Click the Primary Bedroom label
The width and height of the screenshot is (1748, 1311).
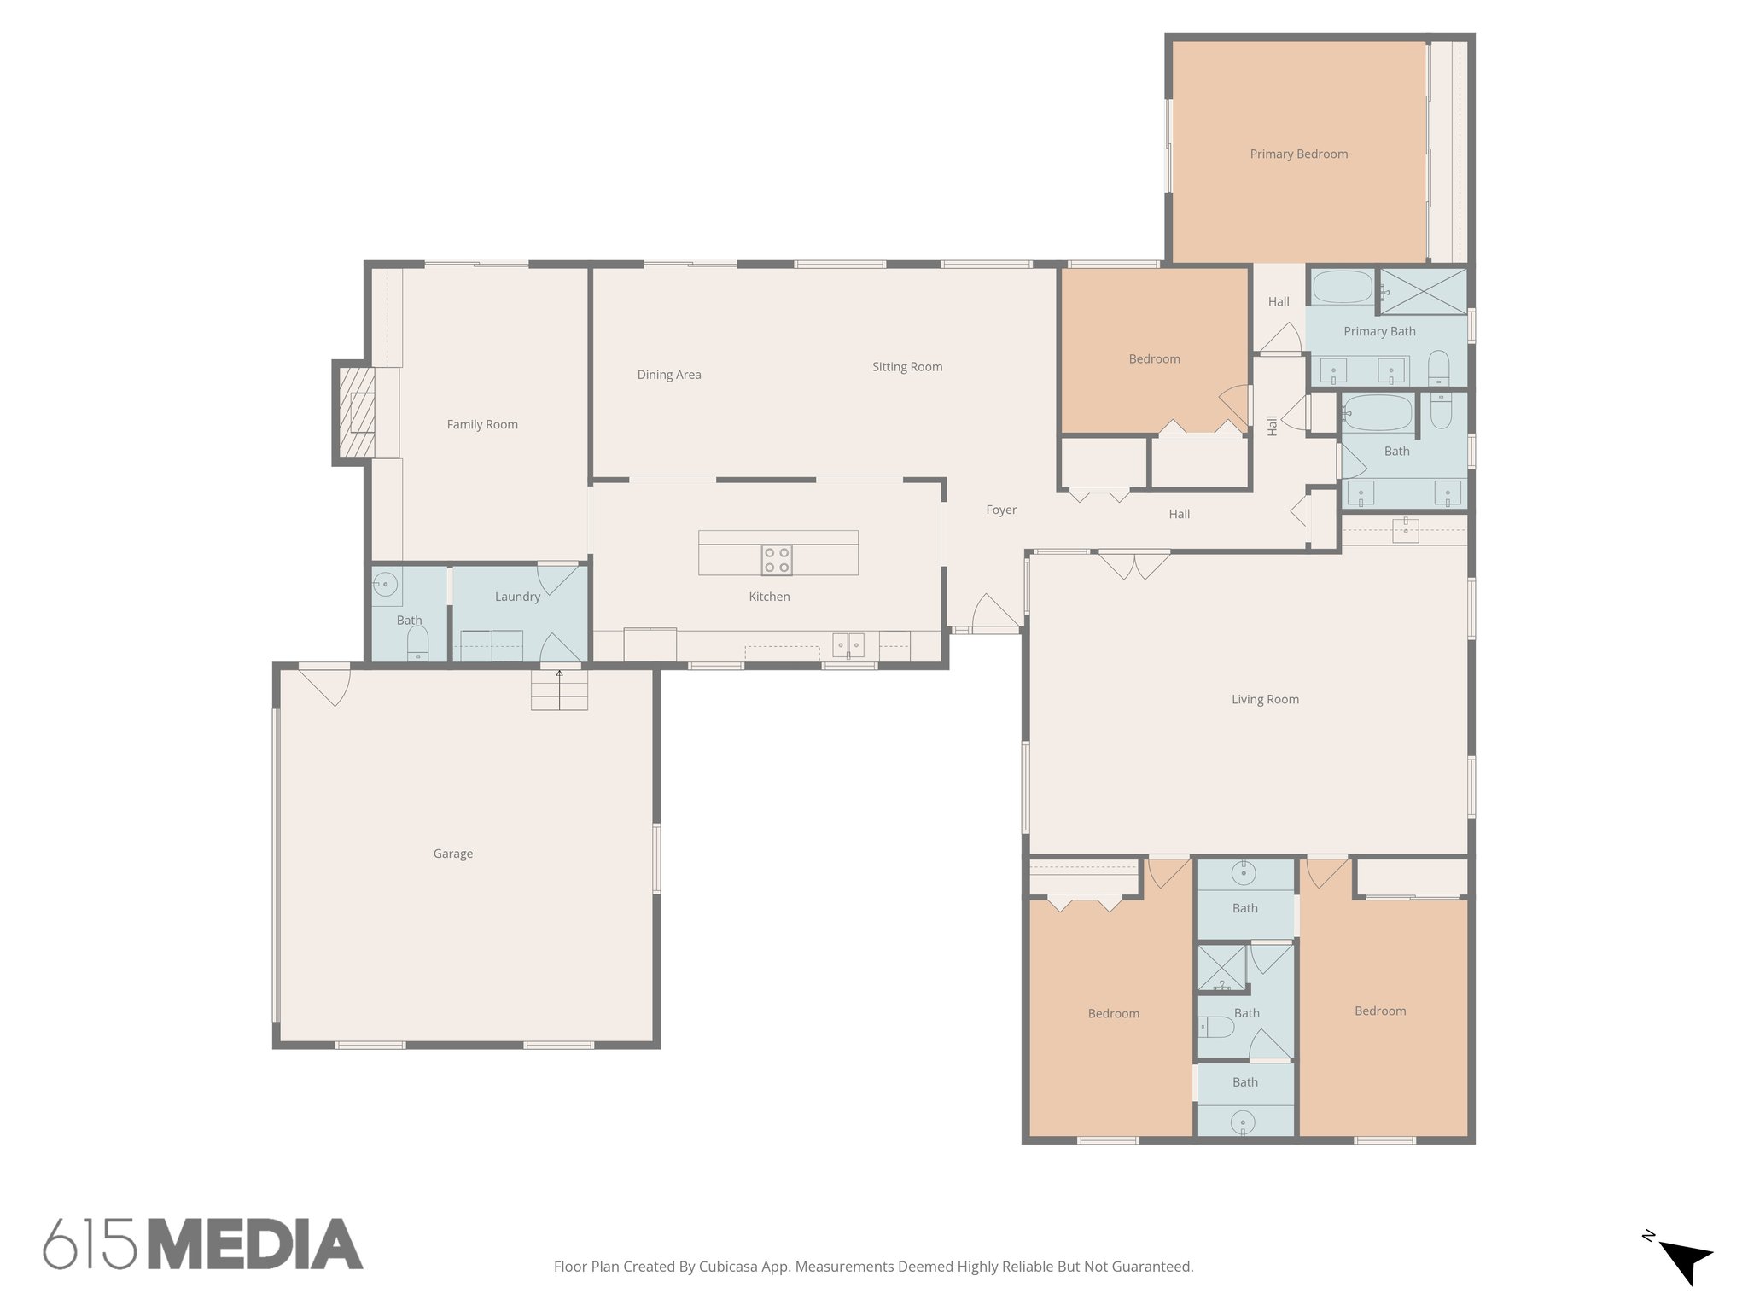click(1298, 154)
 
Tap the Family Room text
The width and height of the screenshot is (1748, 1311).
click(482, 424)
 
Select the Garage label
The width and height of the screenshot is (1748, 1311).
click(452, 854)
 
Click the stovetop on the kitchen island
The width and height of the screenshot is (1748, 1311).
click(777, 560)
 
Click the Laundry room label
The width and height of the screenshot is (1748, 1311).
click(517, 597)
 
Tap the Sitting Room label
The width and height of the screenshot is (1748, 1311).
click(906, 367)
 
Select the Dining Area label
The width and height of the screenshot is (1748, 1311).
click(669, 375)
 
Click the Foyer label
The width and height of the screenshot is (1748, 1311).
click(1001, 510)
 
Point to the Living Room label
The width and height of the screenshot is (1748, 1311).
click(1265, 699)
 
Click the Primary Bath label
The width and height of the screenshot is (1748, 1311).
click(1379, 331)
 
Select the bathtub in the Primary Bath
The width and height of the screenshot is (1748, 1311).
click(1342, 287)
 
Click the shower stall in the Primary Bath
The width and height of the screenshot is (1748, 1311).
click(1423, 290)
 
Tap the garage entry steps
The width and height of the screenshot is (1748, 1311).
click(559, 690)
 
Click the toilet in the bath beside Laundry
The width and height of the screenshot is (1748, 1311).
click(417, 642)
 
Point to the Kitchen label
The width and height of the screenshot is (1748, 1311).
click(769, 597)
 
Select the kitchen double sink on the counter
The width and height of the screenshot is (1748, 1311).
click(848, 644)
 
